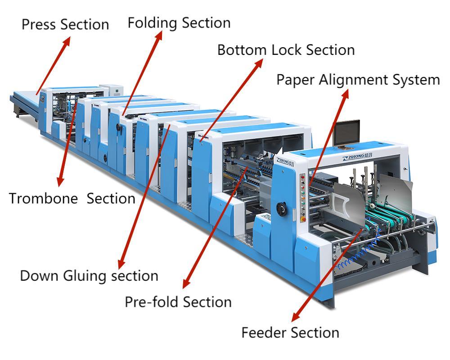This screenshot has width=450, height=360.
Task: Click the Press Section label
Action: [65, 24]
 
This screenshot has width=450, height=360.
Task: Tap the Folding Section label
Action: [179, 22]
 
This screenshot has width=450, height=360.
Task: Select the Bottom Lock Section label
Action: [286, 50]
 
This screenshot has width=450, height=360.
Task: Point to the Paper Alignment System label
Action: [358, 80]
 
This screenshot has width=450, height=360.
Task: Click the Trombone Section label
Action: [72, 198]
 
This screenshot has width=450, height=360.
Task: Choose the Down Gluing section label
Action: [89, 275]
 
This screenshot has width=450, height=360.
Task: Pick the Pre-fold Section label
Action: [178, 301]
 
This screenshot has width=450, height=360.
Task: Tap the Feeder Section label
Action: [290, 333]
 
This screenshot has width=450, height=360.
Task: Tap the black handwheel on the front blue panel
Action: [282, 209]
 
